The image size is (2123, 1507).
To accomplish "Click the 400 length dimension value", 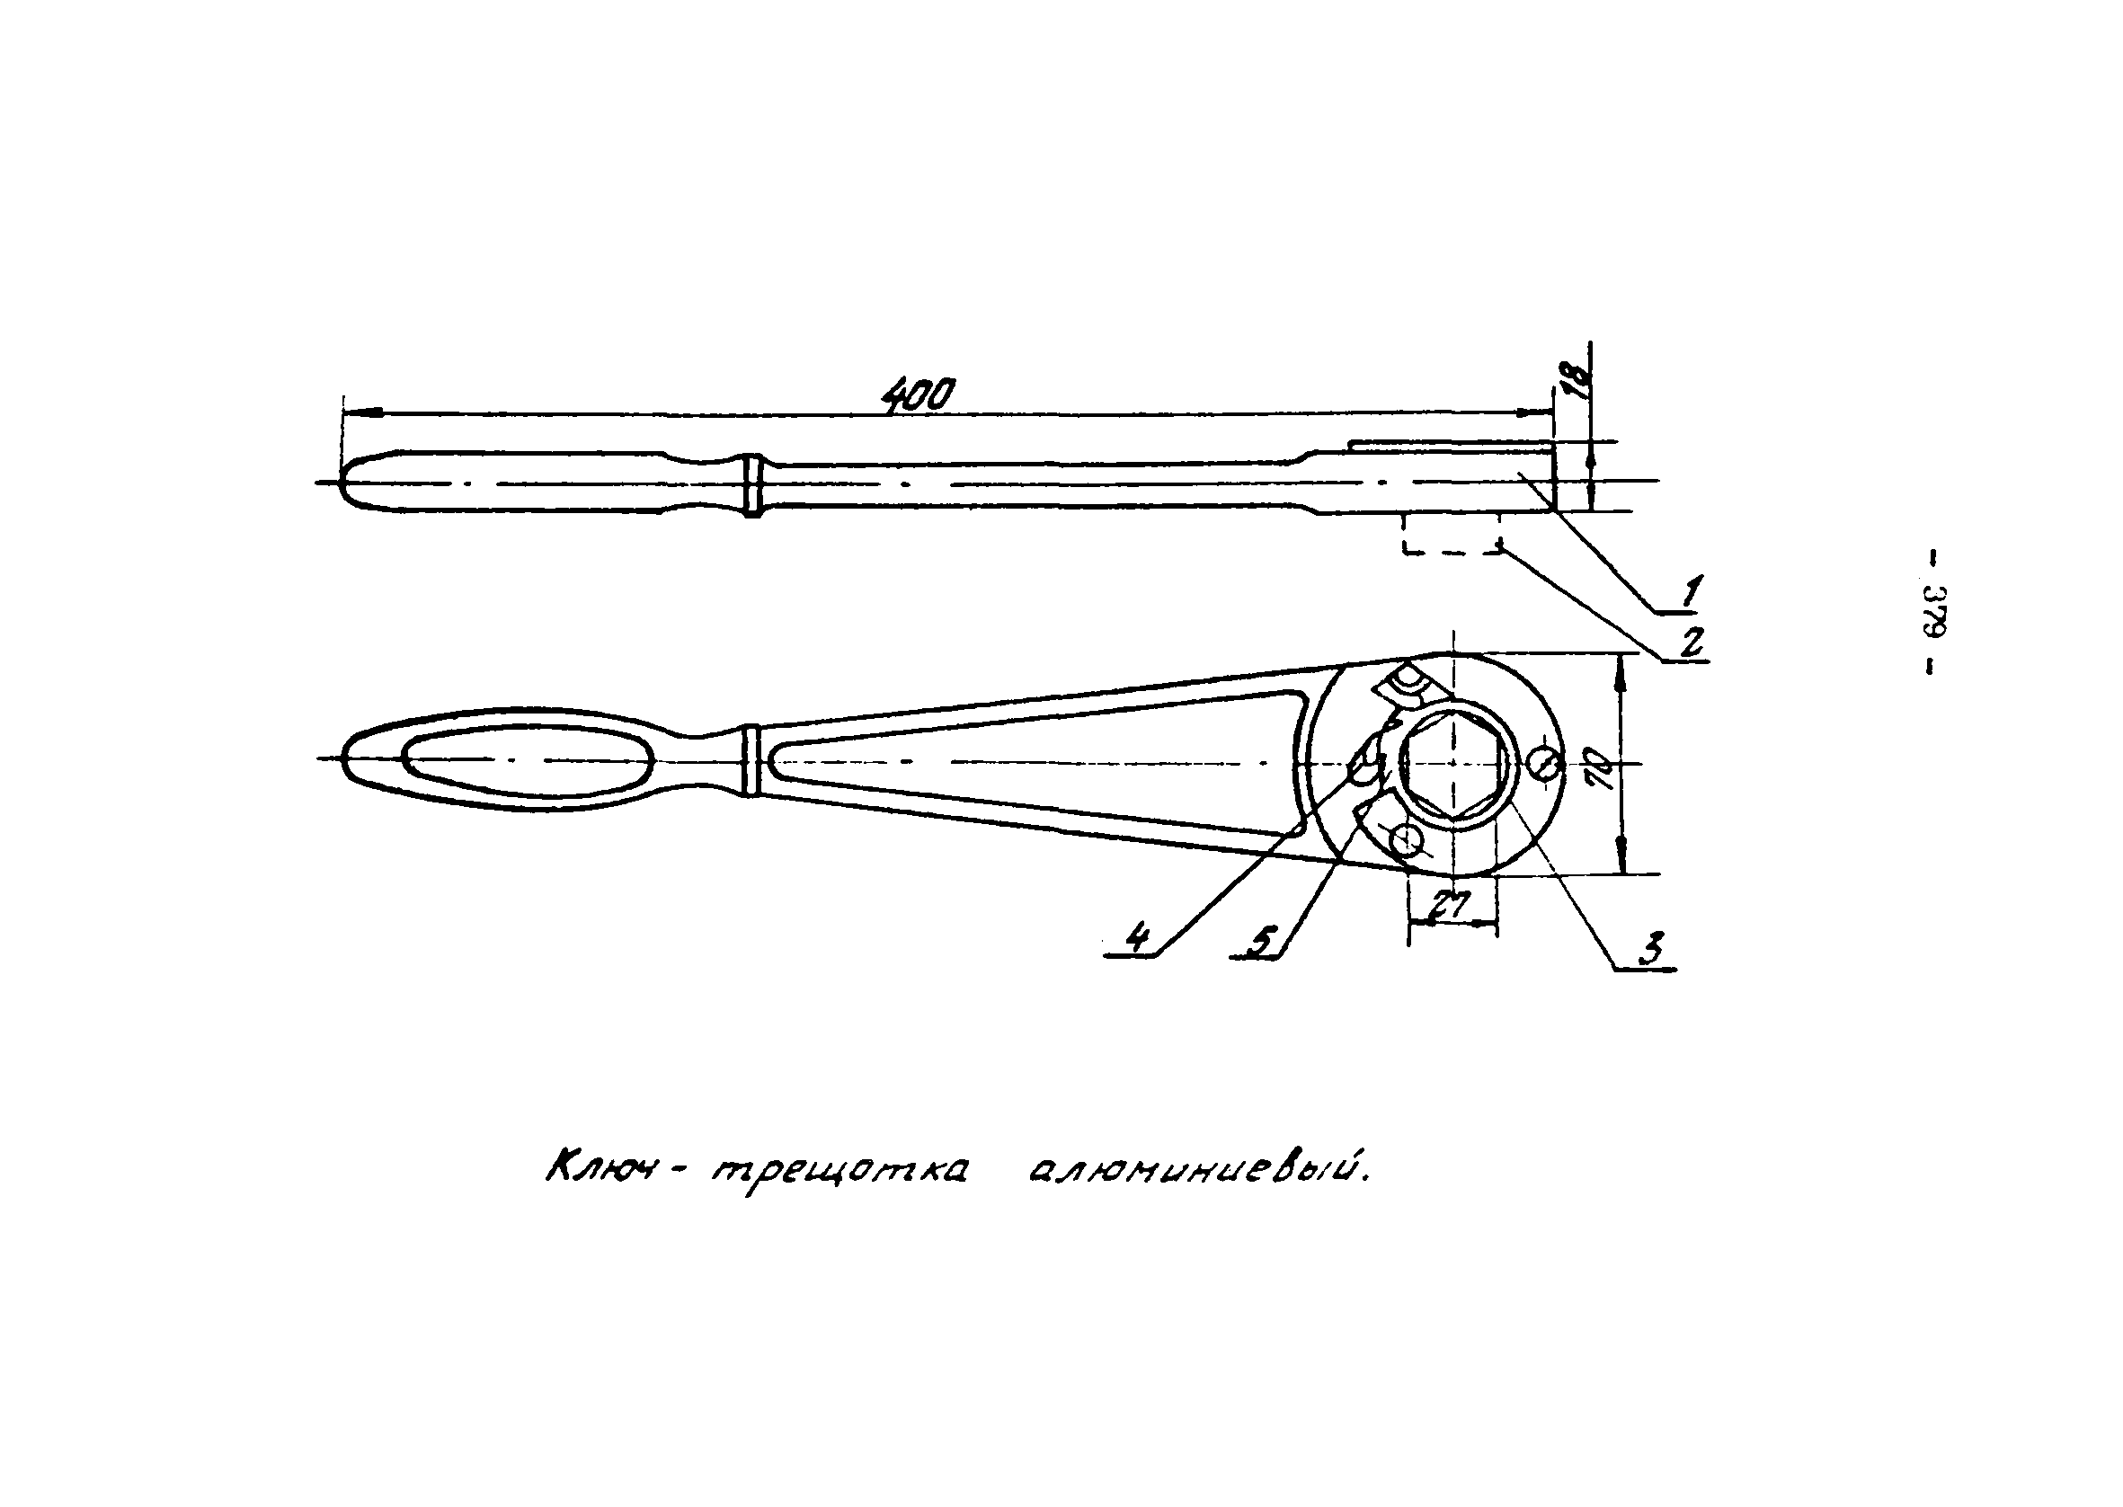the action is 916,396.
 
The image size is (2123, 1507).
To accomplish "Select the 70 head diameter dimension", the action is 1602,767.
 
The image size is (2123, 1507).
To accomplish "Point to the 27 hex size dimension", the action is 1451,905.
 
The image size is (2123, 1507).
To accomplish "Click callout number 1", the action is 1692,590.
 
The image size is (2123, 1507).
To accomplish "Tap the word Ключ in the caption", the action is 604,1171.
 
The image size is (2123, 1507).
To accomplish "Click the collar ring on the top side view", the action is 752,485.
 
